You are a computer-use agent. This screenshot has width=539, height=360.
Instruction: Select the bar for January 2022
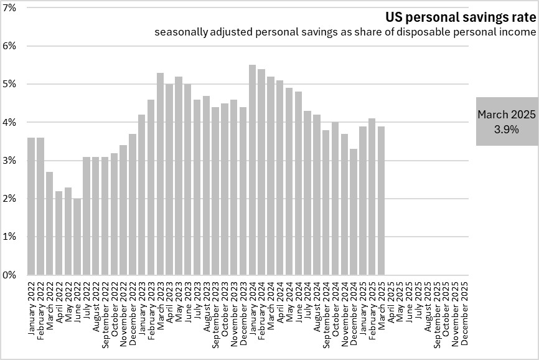31,206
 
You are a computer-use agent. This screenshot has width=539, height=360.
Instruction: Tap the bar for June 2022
77,237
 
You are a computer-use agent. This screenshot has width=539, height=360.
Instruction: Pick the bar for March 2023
160,174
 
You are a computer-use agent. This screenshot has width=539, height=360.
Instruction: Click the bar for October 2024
335,199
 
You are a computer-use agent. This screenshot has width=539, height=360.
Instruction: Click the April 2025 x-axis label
391,306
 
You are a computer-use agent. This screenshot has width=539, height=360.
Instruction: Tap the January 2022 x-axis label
32,309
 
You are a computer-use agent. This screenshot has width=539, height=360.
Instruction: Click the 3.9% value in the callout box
507,130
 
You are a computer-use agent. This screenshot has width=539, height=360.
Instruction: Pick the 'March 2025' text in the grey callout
507,115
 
